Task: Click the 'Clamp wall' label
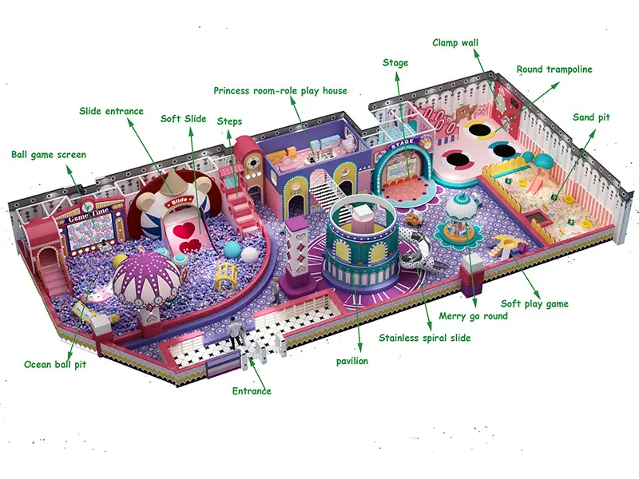pos(455,43)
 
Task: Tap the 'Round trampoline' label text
pos(554,69)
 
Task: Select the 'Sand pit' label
pos(591,117)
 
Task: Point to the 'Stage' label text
pos(395,63)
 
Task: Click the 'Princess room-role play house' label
pos(280,90)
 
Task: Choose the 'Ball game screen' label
pos(49,155)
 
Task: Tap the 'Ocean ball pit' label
pos(55,364)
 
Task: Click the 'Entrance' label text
pos(252,391)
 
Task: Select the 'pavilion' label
pos(352,361)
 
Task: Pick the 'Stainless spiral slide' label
pos(425,338)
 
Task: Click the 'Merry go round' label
pos(473,316)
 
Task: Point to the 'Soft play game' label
pos(534,304)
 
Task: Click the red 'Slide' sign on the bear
pos(179,201)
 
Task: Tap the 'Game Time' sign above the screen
pos(89,215)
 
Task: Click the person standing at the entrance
pos(234,333)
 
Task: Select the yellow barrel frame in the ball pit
pos(227,276)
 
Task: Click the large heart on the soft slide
pos(184,231)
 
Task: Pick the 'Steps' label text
pos(229,121)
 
